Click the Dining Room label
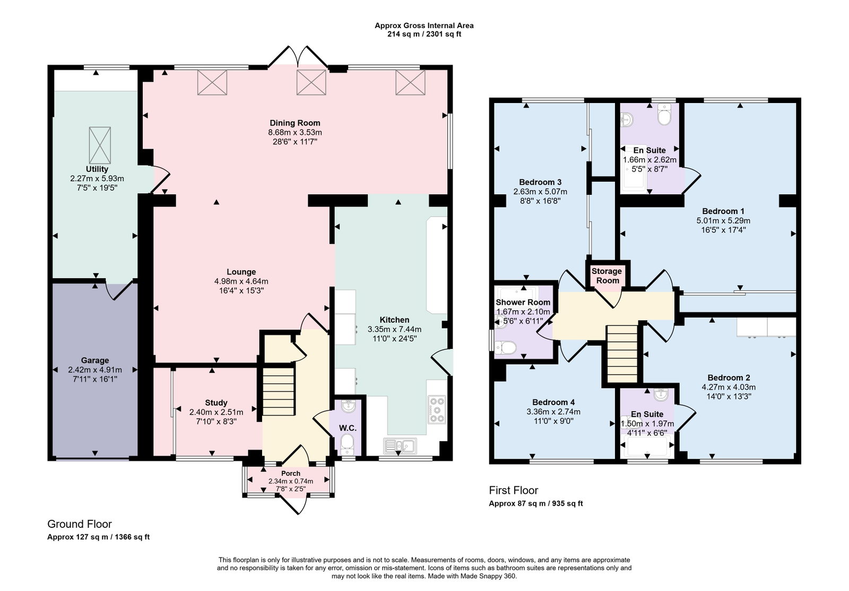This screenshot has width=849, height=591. (295, 123)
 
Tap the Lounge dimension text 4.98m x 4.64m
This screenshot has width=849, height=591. (241, 281)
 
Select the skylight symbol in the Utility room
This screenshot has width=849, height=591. (100, 145)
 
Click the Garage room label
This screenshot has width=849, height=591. (95, 361)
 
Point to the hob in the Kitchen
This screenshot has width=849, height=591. (437, 410)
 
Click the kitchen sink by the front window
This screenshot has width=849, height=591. (400, 446)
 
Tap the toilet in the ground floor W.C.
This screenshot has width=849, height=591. (347, 444)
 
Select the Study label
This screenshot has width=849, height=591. (216, 403)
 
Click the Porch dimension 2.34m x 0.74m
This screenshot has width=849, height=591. (291, 482)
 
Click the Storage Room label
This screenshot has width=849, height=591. (607, 276)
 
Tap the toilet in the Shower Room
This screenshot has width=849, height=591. (505, 347)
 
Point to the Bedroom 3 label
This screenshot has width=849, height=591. (540, 182)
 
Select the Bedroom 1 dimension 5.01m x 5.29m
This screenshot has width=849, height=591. (723, 221)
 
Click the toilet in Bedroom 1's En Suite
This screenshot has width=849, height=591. (664, 114)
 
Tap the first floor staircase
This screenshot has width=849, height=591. (622, 354)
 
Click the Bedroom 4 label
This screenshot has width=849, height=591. (553, 402)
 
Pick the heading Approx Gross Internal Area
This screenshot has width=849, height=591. (424, 25)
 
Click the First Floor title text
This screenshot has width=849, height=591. (514, 491)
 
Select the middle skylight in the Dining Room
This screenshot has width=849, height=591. (311, 82)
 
